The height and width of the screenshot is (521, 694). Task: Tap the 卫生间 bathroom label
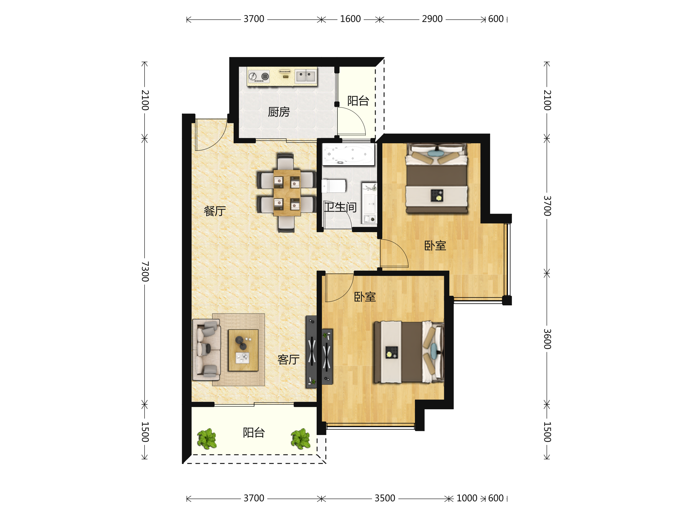(340, 207)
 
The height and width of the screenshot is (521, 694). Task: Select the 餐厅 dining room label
(215, 211)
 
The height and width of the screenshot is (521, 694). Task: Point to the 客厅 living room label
(289, 359)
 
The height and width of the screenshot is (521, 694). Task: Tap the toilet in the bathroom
(334, 186)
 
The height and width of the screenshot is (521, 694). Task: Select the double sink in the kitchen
(306, 76)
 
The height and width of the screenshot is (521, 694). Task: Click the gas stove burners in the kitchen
(259, 76)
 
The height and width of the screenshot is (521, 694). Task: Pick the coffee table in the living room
(243, 350)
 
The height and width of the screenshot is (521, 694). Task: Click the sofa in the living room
(206, 350)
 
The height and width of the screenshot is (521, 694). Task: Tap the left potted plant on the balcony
(207, 439)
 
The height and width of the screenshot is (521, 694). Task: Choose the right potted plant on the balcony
(300, 439)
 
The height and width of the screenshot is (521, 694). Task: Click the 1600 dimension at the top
(350, 19)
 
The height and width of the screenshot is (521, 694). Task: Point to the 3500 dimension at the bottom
(385, 498)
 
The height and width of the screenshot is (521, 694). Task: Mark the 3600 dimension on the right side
(547, 339)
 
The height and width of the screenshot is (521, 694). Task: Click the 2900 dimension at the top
(432, 19)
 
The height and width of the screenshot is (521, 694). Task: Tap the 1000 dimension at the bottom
(467, 498)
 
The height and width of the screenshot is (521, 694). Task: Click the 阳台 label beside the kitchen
(358, 101)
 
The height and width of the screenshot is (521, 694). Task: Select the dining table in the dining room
(287, 193)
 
